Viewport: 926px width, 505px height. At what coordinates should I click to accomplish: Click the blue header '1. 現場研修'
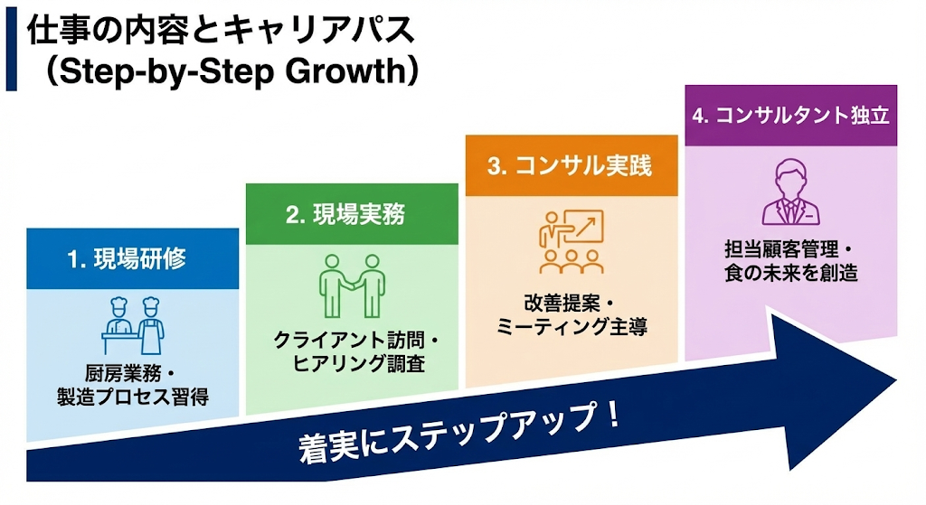click(x=132, y=258)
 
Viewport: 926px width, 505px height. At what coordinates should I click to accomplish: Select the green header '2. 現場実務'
click(x=352, y=213)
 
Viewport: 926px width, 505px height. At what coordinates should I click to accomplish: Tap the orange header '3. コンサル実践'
click(x=572, y=165)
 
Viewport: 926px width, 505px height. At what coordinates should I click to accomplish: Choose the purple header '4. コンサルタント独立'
click(x=790, y=115)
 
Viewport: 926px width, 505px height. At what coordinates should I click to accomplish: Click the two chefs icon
click(x=133, y=326)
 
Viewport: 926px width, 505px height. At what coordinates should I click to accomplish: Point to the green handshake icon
click(x=352, y=286)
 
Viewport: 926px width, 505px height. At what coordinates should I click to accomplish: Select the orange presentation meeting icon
click(x=572, y=241)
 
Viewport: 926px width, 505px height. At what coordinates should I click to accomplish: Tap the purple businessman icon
click(x=790, y=192)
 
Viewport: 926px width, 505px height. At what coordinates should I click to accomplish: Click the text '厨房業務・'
click(x=131, y=373)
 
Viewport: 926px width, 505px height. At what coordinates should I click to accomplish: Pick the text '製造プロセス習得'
click(x=133, y=397)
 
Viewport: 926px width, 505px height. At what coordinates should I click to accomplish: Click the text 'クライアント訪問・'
click(x=356, y=340)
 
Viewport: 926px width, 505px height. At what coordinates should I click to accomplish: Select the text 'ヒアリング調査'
click(x=359, y=363)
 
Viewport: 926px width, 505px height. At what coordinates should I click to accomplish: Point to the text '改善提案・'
click(x=570, y=304)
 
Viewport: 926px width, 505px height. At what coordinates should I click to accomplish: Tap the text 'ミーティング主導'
click(x=572, y=326)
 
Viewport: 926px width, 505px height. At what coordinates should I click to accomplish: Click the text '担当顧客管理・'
click(x=789, y=249)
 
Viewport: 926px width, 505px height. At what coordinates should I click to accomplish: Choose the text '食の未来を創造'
click(x=790, y=273)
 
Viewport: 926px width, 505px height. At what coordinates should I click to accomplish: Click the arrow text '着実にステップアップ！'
click(x=459, y=432)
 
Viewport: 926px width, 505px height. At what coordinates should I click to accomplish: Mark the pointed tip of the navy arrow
click(x=896, y=380)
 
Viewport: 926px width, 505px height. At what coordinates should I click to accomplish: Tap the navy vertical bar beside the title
click(x=11, y=49)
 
